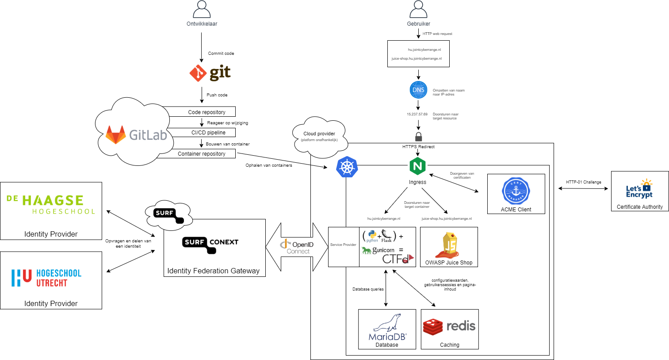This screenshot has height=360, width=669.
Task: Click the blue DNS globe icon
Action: [x=418, y=90]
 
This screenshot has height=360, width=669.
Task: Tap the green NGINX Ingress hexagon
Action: [x=417, y=166]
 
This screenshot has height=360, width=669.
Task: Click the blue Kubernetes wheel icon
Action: [x=347, y=167]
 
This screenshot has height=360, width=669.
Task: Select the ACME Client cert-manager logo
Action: [x=516, y=191]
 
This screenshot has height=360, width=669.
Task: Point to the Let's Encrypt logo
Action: [x=639, y=189]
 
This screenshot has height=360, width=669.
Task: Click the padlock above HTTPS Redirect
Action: [x=418, y=136]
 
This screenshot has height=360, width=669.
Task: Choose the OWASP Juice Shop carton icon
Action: [x=449, y=245]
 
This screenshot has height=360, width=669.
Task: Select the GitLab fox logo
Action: [x=116, y=135]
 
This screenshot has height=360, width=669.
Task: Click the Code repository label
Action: [x=206, y=112]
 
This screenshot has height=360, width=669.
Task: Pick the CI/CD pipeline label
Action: [x=208, y=133]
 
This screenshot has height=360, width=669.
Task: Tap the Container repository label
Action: [x=202, y=154]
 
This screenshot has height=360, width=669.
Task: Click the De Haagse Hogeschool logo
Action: [x=51, y=205]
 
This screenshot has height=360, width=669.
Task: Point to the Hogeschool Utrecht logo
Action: [x=46, y=278]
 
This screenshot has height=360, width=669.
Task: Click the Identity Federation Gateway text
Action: [x=214, y=271]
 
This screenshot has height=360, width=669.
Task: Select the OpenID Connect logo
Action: [x=297, y=247]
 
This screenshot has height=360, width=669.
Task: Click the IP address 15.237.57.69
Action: [x=417, y=114]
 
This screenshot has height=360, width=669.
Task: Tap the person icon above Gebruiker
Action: [x=418, y=9]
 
